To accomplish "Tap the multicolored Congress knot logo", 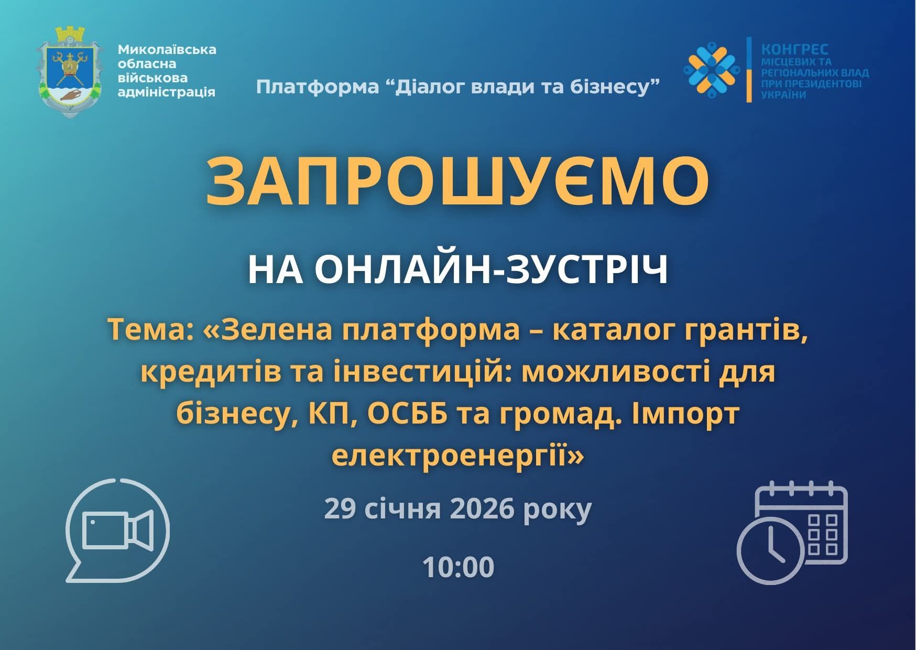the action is [711, 69].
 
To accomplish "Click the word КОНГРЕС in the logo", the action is [794, 50].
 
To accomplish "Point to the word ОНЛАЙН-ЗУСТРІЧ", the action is [492, 270].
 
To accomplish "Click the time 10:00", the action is [458, 567].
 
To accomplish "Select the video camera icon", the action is [118, 530].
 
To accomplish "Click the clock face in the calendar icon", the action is [770, 550].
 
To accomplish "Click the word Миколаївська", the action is [167, 50].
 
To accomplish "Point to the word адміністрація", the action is [167, 92].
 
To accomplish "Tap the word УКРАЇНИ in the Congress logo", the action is [783, 95].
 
